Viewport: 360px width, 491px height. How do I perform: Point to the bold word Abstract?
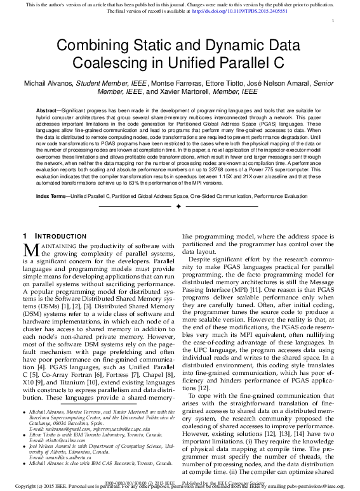click(x=48, y=110)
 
